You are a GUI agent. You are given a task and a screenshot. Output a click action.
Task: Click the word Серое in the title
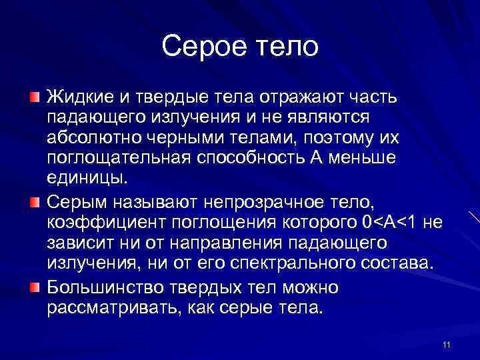201,47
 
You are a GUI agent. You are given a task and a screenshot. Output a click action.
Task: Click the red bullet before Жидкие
34,99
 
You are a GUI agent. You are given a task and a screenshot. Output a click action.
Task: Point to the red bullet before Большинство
34,288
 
